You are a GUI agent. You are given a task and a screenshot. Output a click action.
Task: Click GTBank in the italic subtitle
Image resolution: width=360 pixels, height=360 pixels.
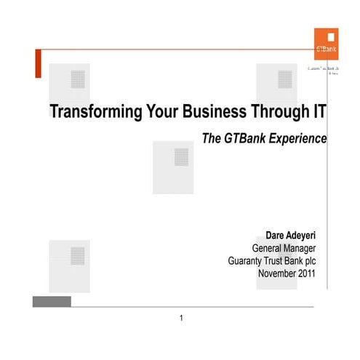pos(244,137)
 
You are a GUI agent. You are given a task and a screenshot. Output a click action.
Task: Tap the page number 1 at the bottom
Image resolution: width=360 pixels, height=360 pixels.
pos(181,318)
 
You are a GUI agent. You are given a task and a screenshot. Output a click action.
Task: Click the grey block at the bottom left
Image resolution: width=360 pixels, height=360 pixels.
pos(52,301)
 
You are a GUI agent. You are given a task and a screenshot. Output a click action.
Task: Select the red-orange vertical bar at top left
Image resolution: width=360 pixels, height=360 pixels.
pos(36,64)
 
